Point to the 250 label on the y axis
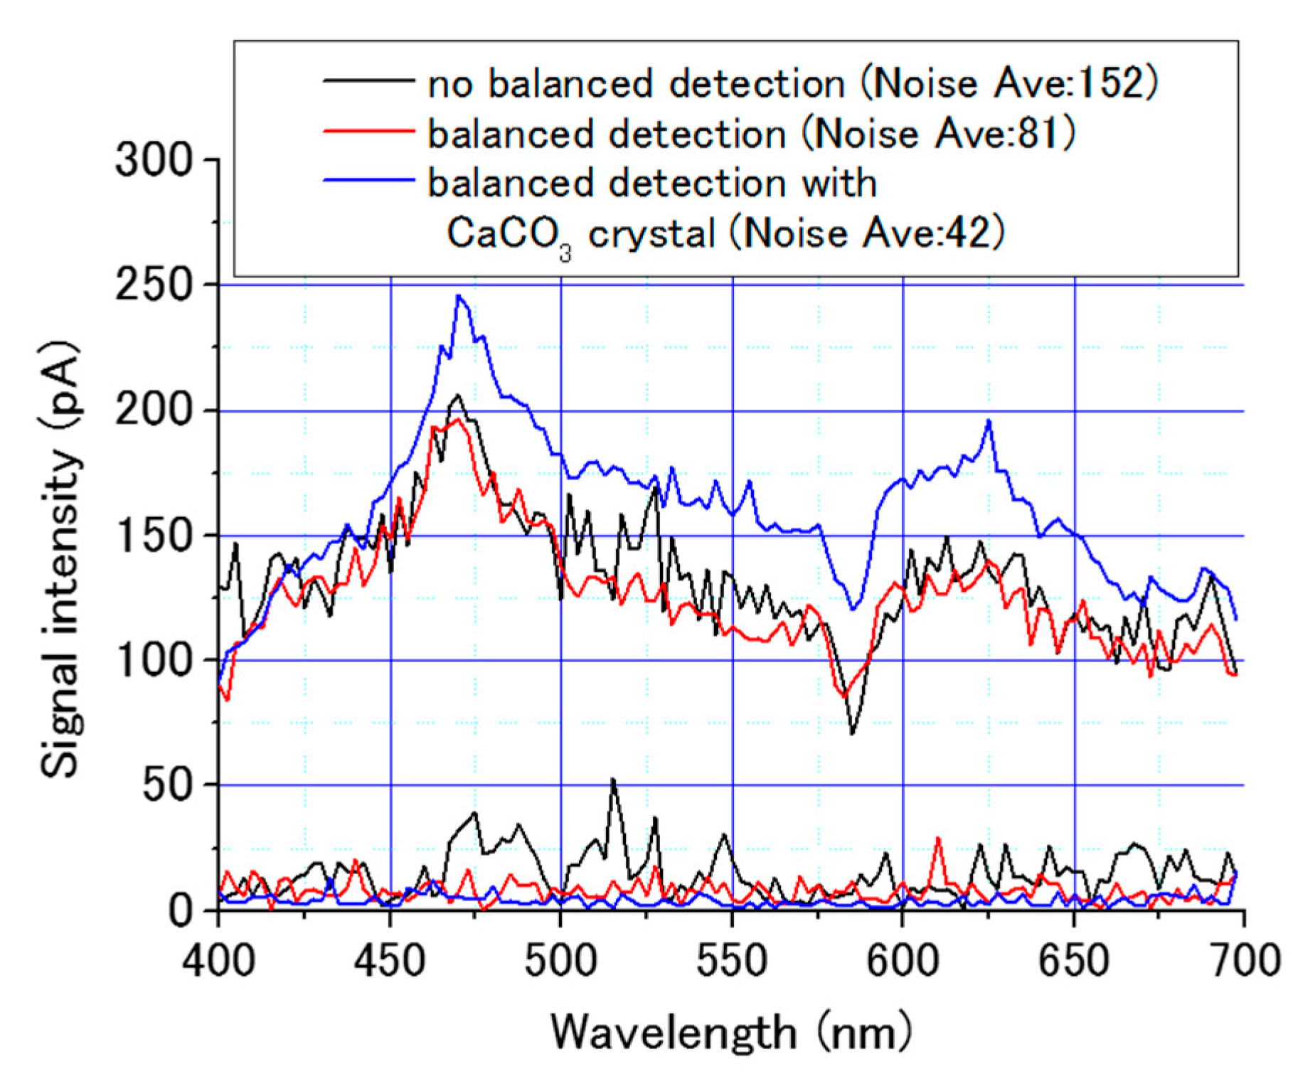(x=154, y=285)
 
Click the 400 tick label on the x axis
(x=218, y=960)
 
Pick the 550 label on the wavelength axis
(x=732, y=960)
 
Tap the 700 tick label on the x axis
(x=1245, y=960)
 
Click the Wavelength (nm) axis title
(x=731, y=1033)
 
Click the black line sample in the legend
(x=368, y=80)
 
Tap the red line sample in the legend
(x=368, y=131)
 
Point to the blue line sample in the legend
(x=368, y=180)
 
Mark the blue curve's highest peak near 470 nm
(x=459, y=296)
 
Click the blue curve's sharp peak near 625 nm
(x=989, y=421)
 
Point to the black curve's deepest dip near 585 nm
(x=852, y=733)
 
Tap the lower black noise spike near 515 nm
(x=613, y=780)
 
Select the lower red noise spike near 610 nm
(x=938, y=838)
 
